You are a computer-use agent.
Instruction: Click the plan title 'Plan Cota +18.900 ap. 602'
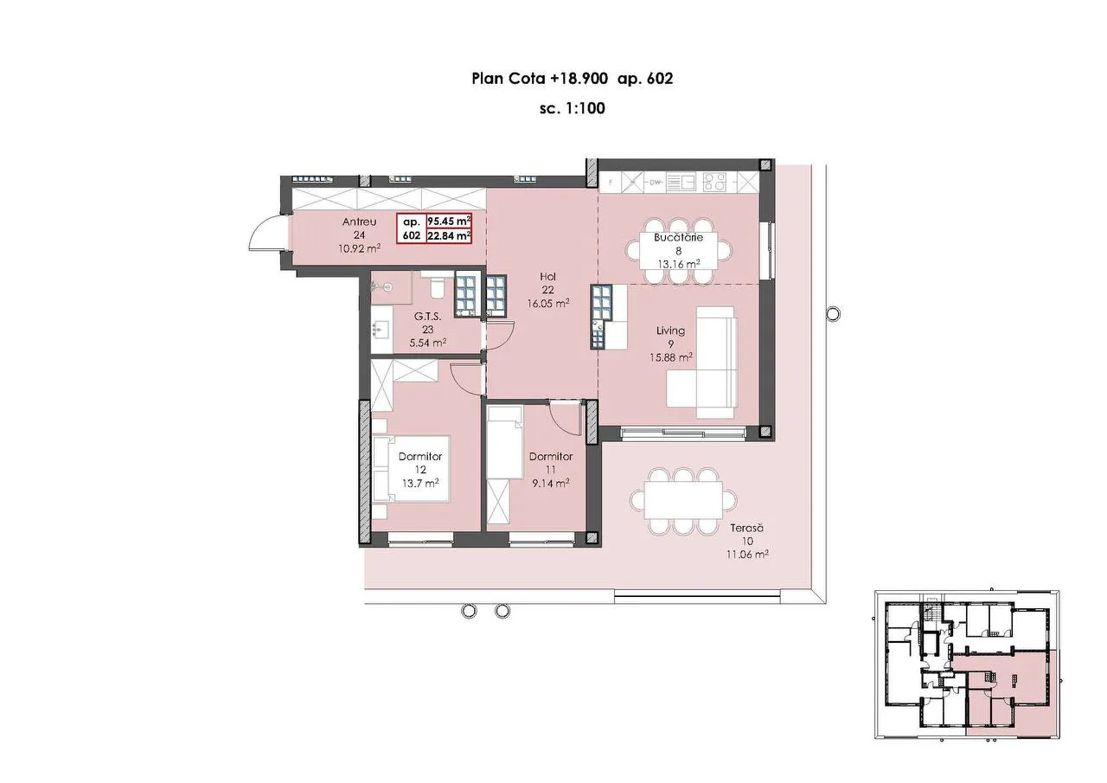572,79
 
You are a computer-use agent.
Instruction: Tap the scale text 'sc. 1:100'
573,108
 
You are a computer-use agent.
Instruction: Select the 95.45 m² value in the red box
449,221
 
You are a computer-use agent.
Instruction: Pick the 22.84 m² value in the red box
449,236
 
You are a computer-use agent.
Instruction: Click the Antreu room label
359,222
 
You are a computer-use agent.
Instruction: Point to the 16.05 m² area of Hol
548,304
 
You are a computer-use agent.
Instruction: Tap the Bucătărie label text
678,237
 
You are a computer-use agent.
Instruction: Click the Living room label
670,331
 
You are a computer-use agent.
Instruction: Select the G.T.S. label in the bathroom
428,317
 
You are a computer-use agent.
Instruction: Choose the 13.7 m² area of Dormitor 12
420,483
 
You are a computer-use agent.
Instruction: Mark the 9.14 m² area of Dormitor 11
551,483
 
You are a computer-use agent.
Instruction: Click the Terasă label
746,528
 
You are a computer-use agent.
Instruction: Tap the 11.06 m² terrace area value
746,555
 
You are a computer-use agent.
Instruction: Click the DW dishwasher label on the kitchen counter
656,183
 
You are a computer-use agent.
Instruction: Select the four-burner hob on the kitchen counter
714,182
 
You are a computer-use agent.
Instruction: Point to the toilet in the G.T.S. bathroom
437,286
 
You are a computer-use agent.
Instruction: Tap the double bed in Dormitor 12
412,469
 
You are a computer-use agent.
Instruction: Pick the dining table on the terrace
683,502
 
